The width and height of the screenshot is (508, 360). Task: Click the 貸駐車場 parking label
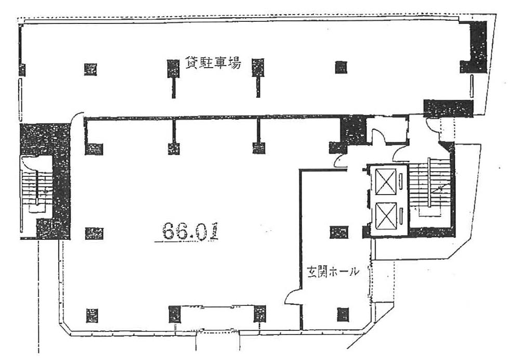[x=213, y=62]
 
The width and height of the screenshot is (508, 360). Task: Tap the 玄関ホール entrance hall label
[x=333, y=272]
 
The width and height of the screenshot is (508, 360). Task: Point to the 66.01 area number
[x=190, y=231]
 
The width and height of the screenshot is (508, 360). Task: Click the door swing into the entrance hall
[x=292, y=297]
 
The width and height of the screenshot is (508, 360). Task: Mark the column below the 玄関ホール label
[x=343, y=314]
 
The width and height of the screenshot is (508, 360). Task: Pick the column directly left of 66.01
[x=94, y=233]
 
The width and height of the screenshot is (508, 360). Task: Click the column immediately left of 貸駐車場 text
[x=173, y=68]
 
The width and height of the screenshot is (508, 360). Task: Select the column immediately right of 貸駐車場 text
[x=258, y=68]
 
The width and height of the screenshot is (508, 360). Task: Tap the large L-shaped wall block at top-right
[x=474, y=47]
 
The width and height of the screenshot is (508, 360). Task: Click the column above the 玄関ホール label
[x=339, y=232]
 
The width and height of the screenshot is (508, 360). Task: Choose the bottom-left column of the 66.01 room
[x=92, y=315]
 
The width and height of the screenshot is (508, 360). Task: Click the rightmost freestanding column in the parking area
[x=341, y=68]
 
